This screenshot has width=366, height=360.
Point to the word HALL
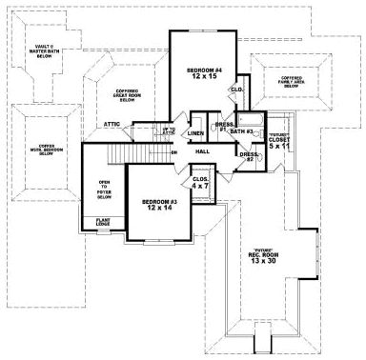(202, 151)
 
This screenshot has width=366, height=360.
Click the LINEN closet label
(195, 133)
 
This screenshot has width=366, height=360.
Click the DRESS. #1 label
(224, 126)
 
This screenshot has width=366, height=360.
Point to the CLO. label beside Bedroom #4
(236, 90)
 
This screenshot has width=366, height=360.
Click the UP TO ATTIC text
(170, 130)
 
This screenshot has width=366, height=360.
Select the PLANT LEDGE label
(103, 223)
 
